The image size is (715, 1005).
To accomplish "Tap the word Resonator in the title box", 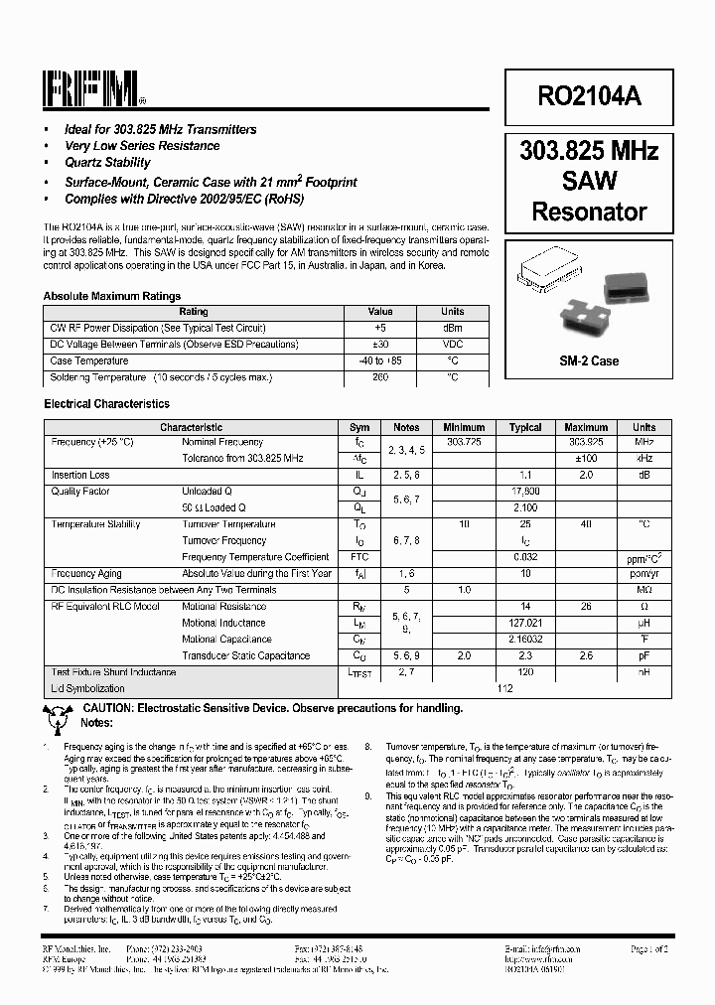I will [589, 212].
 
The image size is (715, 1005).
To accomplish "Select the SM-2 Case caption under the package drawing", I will [589, 360].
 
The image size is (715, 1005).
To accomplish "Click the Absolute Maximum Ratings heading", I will [112, 296].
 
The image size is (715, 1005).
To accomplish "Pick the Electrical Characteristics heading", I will [106, 404].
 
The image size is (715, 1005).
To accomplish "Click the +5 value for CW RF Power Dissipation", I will [380, 328].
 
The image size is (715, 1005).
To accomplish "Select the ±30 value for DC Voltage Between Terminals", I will [380, 345].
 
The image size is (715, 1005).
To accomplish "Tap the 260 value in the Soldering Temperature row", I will [380, 377].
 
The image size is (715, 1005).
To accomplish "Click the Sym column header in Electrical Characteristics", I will [359, 427].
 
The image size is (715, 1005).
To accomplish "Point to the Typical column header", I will [525, 427].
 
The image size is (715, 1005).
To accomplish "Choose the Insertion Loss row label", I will [80, 476].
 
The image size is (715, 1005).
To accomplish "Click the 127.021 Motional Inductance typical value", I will [525, 623].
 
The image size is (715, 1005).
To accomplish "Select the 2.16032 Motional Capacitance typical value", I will [525, 640].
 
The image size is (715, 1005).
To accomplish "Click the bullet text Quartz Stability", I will [107, 163].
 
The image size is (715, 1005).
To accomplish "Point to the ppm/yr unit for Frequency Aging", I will [644, 573].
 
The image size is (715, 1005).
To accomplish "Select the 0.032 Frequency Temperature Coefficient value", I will [525, 557].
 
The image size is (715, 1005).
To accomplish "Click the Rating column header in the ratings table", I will [194, 312].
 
